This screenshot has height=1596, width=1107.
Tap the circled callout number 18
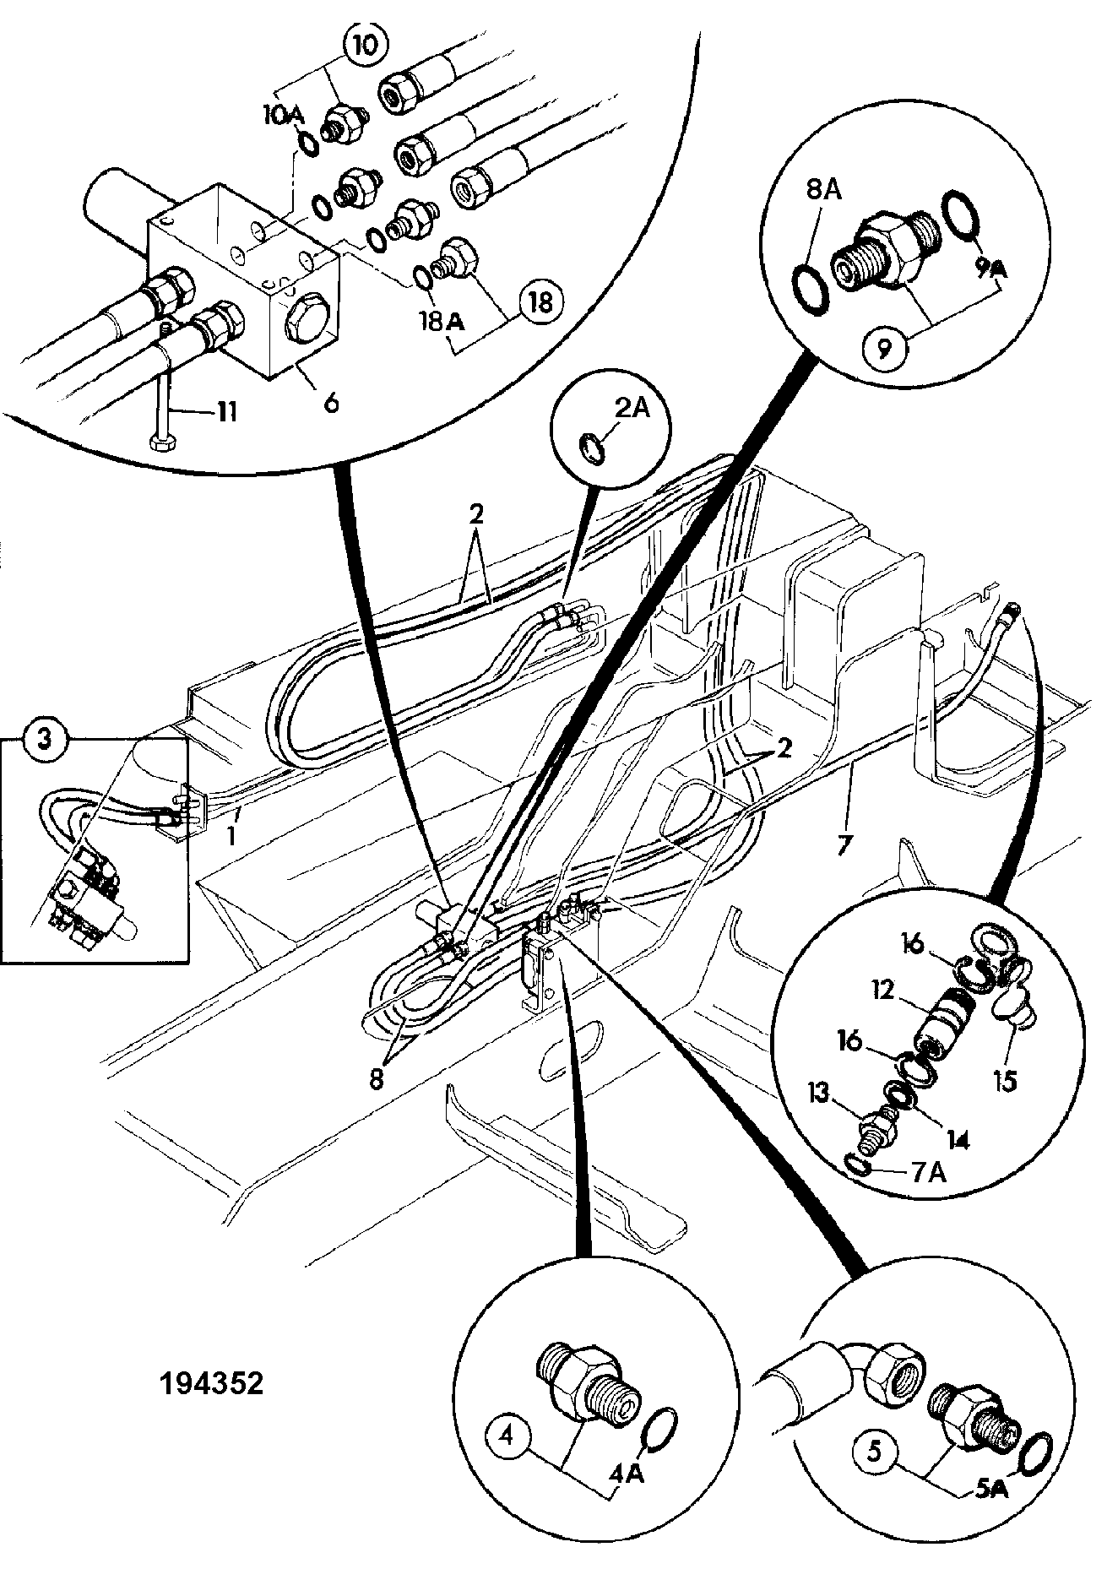point(540,301)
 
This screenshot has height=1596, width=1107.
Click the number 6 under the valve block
point(330,403)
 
